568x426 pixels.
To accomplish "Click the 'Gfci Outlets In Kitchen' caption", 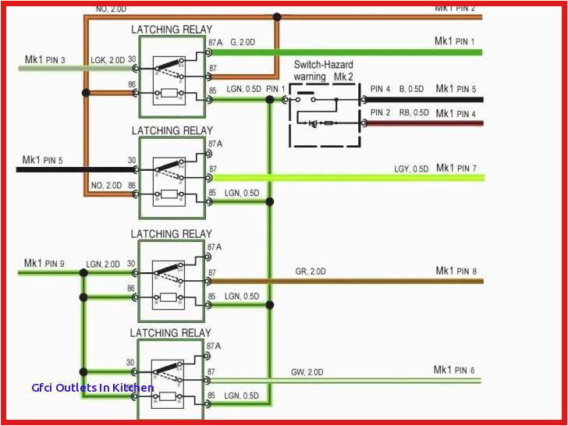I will pyautogui.click(x=93, y=388).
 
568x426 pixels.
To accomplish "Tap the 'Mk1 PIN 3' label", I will pyautogui.click(x=45, y=59).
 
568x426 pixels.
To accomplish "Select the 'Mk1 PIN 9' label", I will pyautogui.click(x=45, y=263).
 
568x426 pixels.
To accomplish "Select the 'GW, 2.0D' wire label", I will pyautogui.click(x=309, y=371).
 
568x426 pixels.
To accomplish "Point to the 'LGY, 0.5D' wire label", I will pyautogui.click(x=411, y=169).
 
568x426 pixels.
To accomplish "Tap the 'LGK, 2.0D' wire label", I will pyautogui.click(x=107, y=59).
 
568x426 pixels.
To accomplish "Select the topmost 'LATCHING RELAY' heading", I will pyautogui.click(x=172, y=30).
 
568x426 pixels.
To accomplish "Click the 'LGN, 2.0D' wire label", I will pyautogui.click(x=103, y=264).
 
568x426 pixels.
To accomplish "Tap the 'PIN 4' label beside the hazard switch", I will pyautogui.click(x=381, y=89).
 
